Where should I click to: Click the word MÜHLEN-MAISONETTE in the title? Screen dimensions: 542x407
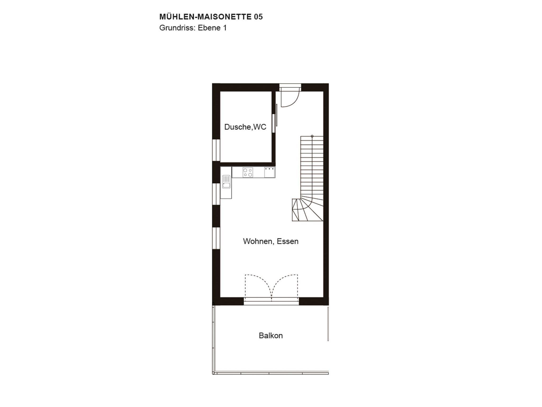205,17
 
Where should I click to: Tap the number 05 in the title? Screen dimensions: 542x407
258,17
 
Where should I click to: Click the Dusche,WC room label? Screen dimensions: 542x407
245,127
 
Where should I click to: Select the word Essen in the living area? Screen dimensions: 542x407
288,241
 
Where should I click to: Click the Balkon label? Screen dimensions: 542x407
271,336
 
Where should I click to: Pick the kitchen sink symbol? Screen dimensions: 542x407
226,182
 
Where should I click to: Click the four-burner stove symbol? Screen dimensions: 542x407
248,173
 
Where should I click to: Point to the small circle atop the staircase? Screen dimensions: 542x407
312,136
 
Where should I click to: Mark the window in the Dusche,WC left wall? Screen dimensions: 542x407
216,150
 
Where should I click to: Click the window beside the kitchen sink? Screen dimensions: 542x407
216,194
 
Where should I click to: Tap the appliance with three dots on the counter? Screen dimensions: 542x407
269,172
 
